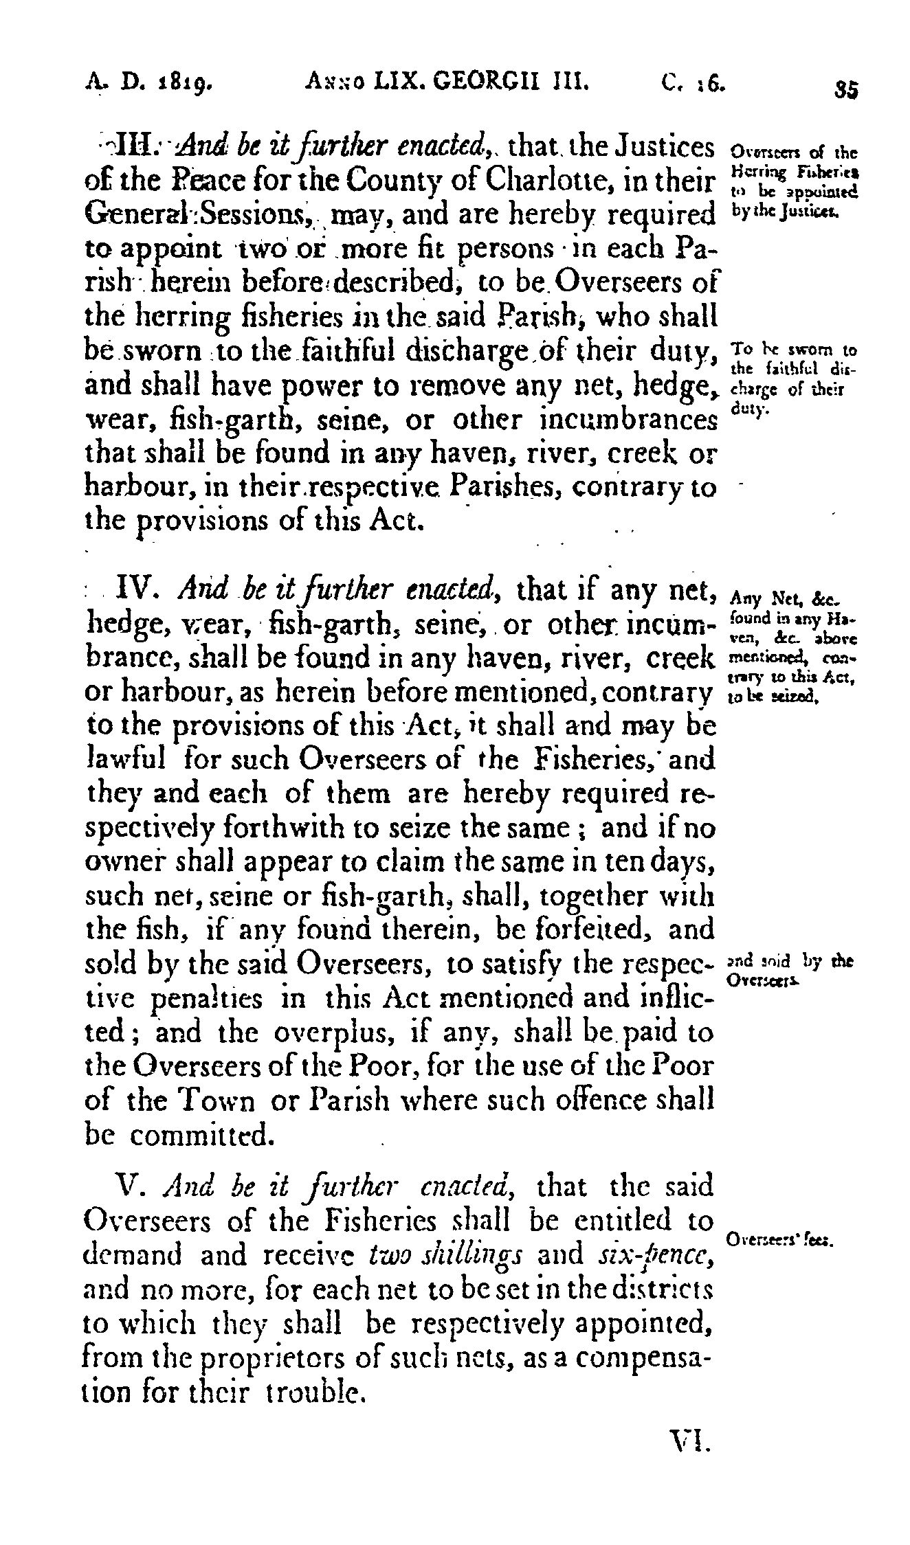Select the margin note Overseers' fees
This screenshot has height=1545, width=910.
point(779,1241)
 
